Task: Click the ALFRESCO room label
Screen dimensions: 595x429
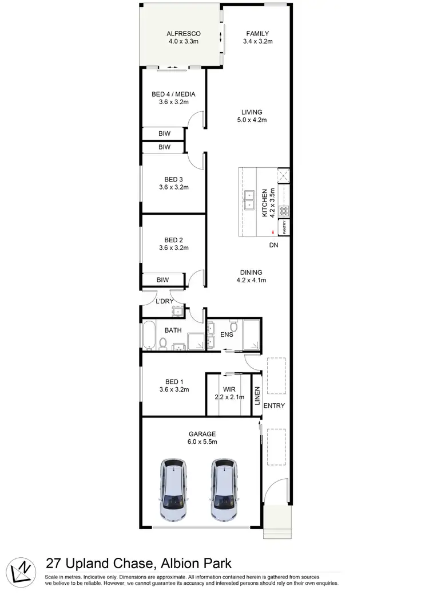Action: pos(181,34)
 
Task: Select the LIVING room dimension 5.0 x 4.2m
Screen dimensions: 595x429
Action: pos(252,120)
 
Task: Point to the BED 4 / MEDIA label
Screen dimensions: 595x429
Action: pos(174,94)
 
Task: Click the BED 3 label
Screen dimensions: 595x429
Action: pos(174,179)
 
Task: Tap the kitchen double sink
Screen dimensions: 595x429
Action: pos(251,199)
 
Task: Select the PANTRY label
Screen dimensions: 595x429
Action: pos(284,227)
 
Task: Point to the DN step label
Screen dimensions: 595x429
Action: pos(275,245)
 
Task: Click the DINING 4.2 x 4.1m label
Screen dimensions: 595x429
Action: pos(252,276)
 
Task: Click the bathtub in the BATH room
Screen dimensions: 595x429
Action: pos(149,336)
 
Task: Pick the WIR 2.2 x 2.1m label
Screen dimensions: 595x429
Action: pos(229,393)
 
